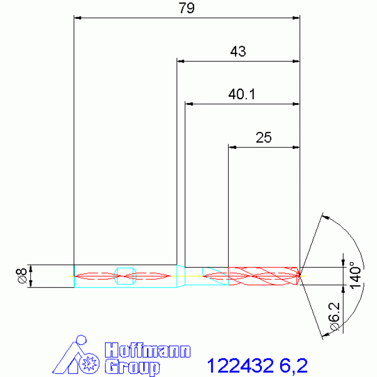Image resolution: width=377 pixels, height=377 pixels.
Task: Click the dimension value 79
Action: pyautogui.click(x=186, y=8)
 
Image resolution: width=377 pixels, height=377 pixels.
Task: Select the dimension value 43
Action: pyautogui.click(x=238, y=51)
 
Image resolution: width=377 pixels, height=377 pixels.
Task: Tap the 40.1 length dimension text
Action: pyautogui.click(x=242, y=94)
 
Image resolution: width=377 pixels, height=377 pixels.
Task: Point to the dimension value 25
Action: pyautogui.click(x=263, y=137)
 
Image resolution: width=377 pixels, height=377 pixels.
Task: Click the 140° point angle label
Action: pyautogui.click(x=355, y=275)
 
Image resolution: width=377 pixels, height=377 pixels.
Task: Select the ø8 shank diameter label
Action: pyautogui.click(x=22, y=276)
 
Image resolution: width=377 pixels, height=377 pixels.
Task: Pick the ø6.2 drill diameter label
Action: pyautogui.click(x=334, y=316)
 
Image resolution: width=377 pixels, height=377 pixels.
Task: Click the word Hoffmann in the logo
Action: pyautogui.click(x=147, y=350)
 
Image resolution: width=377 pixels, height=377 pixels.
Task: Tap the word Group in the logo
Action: pyautogui.click(x=132, y=367)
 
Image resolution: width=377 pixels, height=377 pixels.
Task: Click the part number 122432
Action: pyautogui.click(x=240, y=366)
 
